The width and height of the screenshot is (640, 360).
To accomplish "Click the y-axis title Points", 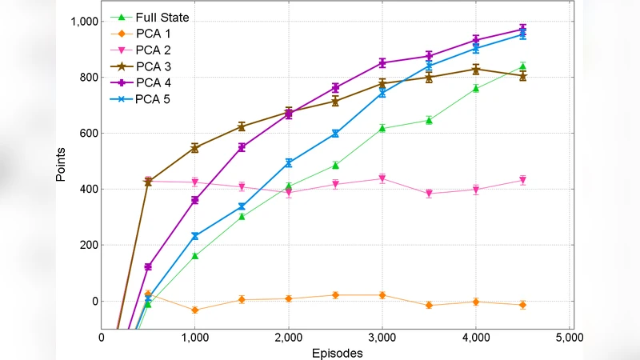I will tap(61, 164).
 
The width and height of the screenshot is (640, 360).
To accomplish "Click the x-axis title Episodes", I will tap(336, 352).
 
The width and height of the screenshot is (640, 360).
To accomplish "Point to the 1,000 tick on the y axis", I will tap(81, 22).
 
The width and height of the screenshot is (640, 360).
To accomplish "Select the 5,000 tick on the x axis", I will tap(569, 338).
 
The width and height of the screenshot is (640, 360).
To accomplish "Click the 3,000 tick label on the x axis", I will tap(382, 338).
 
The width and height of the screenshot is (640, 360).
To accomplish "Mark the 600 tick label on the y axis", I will tap(86, 134).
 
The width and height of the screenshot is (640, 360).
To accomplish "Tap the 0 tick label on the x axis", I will tap(102, 338).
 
